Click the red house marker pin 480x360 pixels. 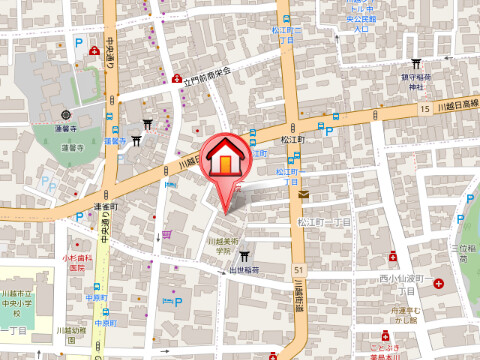click(227, 160)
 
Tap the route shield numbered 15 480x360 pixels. click(425, 107)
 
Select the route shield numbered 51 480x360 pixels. click(298, 268)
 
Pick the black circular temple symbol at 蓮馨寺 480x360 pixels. click(66, 114)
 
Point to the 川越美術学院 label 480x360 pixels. click(221, 245)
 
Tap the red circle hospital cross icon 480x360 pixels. click(439, 284)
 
